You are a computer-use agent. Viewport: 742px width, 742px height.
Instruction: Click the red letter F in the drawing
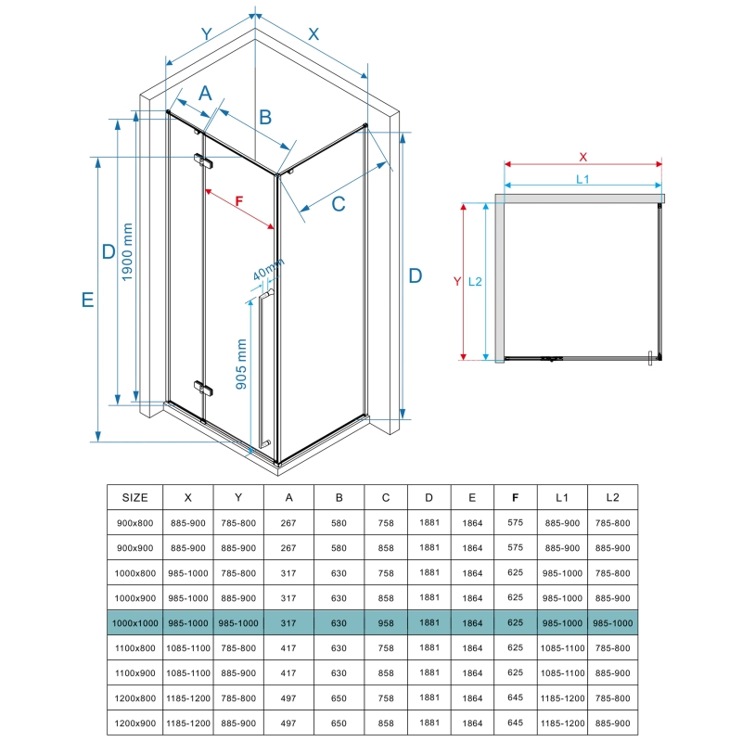pyautogui.click(x=239, y=200)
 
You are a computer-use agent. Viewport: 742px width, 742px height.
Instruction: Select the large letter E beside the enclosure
pyautogui.click(x=87, y=300)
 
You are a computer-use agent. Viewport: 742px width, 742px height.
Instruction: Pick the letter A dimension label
pyautogui.click(x=206, y=92)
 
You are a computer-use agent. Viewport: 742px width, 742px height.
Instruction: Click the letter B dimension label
pyautogui.click(x=264, y=117)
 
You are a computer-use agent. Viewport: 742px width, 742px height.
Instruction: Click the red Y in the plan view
pyautogui.click(x=455, y=280)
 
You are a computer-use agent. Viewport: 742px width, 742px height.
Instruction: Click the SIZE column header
pyautogui.click(x=135, y=497)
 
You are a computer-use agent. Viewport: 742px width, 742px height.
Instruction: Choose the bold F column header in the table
pyautogui.click(x=515, y=497)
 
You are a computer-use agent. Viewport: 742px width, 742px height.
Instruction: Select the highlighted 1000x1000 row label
pyautogui.click(x=135, y=623)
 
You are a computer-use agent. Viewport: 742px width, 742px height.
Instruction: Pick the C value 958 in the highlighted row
pyautogui.click(x=386, y=623)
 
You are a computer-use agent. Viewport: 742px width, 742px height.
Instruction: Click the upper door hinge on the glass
pyautogui.click(x=204, y=161)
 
